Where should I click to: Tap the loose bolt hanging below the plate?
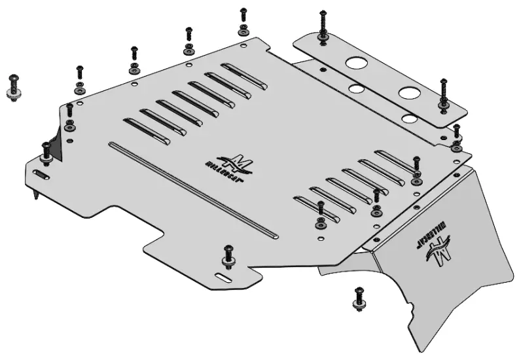pos(359,298)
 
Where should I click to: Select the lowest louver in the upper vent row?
pos(146,131)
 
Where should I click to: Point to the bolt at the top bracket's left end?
pos(323,26)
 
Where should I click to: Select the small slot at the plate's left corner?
pos(40,175)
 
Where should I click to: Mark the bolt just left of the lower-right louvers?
pos(320,215)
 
